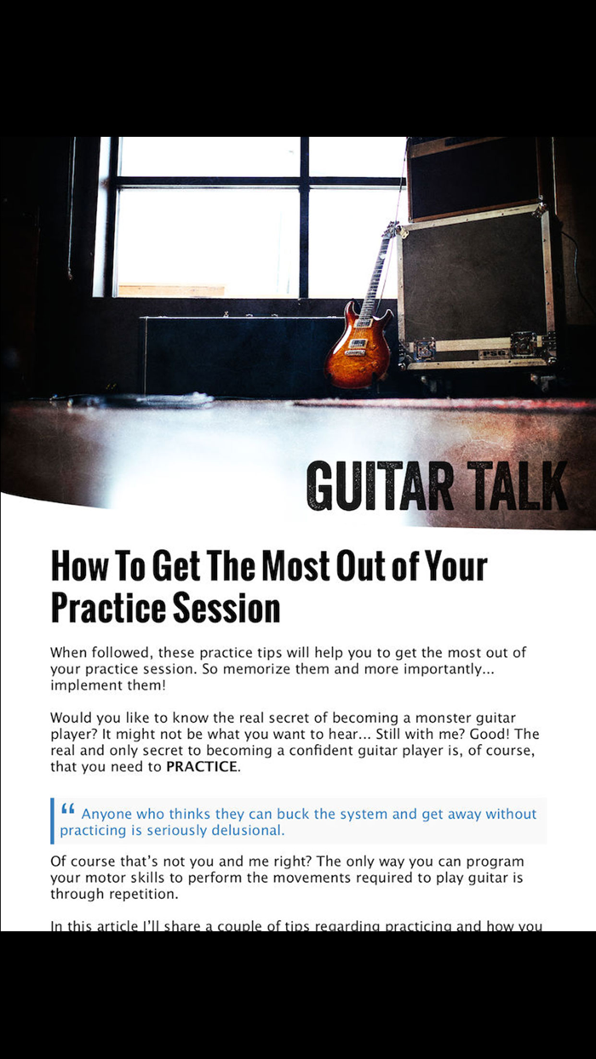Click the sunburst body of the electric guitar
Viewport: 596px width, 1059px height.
point(356,349)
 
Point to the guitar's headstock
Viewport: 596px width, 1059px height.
point(391,231)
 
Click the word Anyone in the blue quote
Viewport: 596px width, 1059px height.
point(106,814)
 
